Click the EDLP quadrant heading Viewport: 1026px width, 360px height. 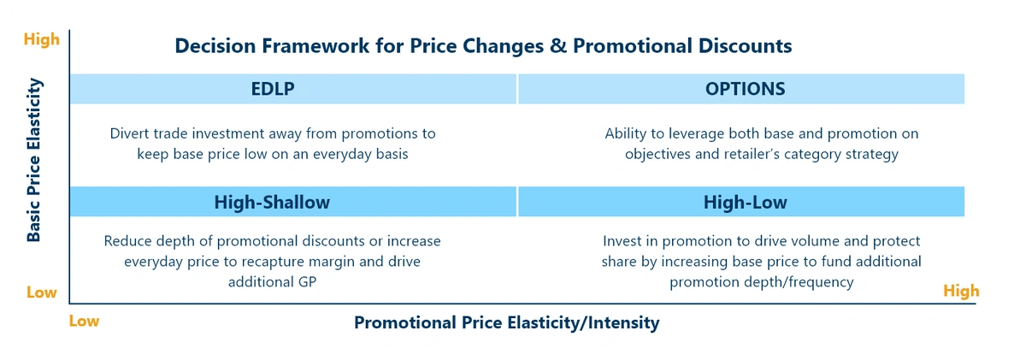pyautogui.click(x=273, y=89)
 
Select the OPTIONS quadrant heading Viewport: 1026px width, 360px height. pyautogui.click(x=746, y=89)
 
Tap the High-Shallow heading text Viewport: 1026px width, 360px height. pyautogui.click(x=272, y=202)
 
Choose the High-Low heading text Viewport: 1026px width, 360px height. pyautogui.click(x=746, y=202)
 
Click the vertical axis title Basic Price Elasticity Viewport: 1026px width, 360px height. pyautogui.click(x=34, y=160)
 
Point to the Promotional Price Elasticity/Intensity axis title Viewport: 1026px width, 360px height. pyautogui.click(x=506, y=322)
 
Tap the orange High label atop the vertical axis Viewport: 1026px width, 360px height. pyautogui.click(x=42, y=39)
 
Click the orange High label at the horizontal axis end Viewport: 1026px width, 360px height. pyautogui.click(x=961, y=291)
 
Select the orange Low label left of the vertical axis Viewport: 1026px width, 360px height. pyautogui.click(x=42, y=292)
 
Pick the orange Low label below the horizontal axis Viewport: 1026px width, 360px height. pyautogui.click(x=84, y=321)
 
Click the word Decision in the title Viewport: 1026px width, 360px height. pyautogui.click(x=215, y=46)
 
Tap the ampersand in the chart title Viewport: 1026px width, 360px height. pyautogui.click(x=557, y=46)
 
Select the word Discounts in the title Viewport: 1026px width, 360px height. pyautogui.click(x=746, y=46)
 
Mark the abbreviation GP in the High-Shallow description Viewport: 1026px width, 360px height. pyautogui.click(x=307, y=281)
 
